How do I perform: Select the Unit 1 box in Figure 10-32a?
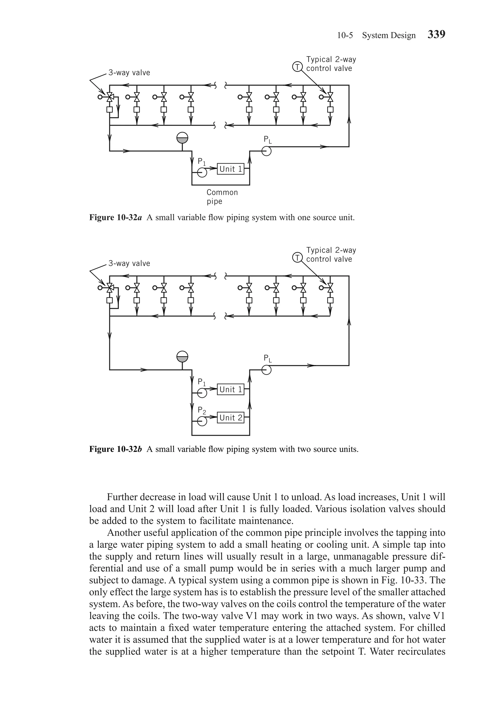(230, 169)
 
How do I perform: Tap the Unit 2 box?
(230, 418)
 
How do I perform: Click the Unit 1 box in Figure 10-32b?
(230, 389)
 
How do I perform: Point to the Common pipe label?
(222, 197)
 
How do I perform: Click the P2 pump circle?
(202, 421)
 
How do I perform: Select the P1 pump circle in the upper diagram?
(202, 173)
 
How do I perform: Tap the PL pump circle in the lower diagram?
(266, 370)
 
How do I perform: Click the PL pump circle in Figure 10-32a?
(266, 151)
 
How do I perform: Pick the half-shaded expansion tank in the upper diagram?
(182, 138)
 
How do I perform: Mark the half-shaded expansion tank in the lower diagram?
(182, 356)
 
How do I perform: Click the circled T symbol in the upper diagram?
(297, 67)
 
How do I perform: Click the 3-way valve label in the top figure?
(129, 73)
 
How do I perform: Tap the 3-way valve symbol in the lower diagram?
(110, 288)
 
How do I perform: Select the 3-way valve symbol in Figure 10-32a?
(110, 97)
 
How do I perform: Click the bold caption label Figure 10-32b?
(115, 449)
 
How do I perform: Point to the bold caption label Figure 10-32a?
(115, 217)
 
